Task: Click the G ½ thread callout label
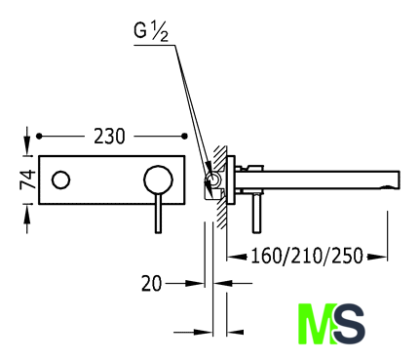pyautogui.click(x=151, y=32)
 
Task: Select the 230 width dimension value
pyautogui.click(x=109, y=137)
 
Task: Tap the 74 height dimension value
pyautogui.click(x=27, y=180)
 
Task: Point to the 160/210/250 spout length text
pyautogui.click(x=307, y=256)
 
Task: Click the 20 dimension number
pyautogui.click(x=151, y=283)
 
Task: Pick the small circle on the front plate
pyautogui.click(x=60, y=180)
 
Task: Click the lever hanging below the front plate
pyautogui.click(x=158, y=214)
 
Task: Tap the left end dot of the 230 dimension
pyautogui.click(x=39, y=137)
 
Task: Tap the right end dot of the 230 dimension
pyautogui.click(x=184, y=137)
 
